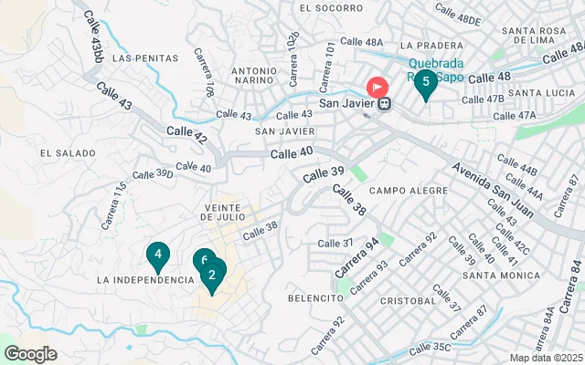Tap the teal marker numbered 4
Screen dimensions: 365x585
(158, 256)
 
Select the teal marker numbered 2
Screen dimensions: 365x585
(212, 276)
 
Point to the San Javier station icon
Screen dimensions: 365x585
(387, 103)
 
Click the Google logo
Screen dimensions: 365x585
(30, 353)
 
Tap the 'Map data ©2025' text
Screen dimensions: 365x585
(546, 358)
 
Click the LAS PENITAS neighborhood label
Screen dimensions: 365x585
(144, 57)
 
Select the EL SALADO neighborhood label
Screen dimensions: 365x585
(62, 152)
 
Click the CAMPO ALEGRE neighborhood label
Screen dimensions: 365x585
(399, 191)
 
